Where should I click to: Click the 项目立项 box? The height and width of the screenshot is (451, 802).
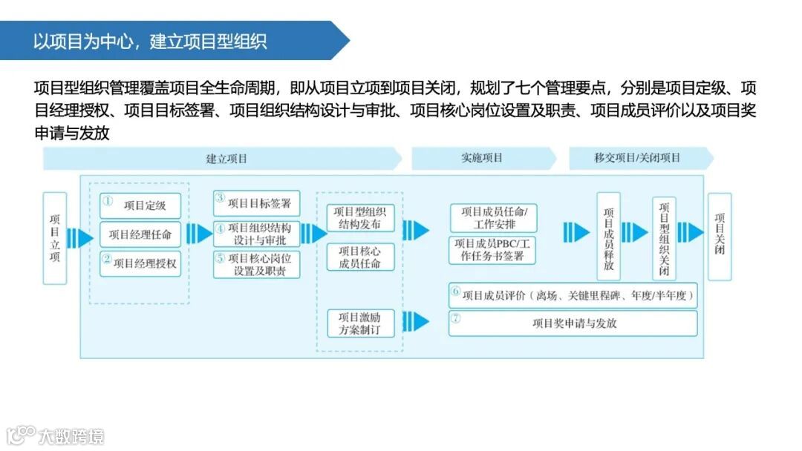click(x=54, y=238)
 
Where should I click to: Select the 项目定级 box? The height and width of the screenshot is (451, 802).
click(x=140, y=205)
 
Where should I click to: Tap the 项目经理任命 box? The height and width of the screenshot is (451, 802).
click(x=140, y=234)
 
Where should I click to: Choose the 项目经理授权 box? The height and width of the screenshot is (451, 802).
click(x=140, y=263)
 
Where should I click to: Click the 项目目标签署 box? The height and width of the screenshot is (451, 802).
click(x=256, y=203)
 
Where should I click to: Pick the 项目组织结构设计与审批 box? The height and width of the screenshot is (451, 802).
click(x=256, y=234)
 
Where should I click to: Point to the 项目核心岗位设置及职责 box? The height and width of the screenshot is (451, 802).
click(x=256, y=265)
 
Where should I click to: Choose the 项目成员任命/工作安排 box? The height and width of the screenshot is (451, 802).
click(x=493, y=218)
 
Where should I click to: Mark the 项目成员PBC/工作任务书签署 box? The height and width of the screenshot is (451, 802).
click(x=493, y=250)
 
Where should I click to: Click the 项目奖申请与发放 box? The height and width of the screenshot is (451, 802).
click(x=573, y=323)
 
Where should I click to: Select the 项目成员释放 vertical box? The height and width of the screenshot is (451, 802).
click(x=608, y=237)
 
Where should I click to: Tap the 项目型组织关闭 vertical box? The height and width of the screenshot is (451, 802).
click(x=664, y=237)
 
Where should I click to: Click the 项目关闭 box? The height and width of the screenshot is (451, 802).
click(x=720, y=237)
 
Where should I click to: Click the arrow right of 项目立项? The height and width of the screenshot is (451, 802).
click(x=79, y=238)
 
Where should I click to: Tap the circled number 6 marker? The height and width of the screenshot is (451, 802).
click(x=455, y=292)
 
